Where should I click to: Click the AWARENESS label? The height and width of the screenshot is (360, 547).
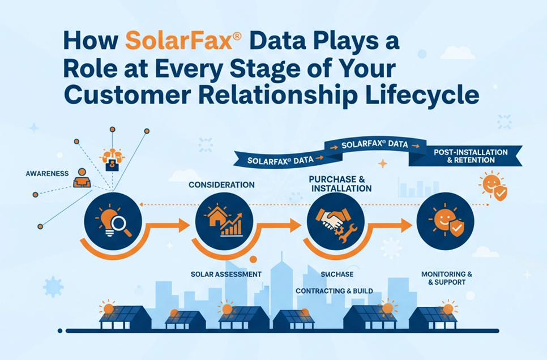pos(48,173)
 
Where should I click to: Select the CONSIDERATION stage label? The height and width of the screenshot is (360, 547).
pos(221,185)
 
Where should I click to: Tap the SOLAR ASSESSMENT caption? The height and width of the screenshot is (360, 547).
pos(226,274)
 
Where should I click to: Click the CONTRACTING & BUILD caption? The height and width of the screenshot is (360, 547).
pos(334,291)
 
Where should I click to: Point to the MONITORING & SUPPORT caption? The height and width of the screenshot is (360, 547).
pos(447,277)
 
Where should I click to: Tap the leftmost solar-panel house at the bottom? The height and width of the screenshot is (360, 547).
pos(124,318)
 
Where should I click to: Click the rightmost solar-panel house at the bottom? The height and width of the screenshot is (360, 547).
pos(433,318)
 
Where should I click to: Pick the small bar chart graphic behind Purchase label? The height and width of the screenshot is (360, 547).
pos(418,187)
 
